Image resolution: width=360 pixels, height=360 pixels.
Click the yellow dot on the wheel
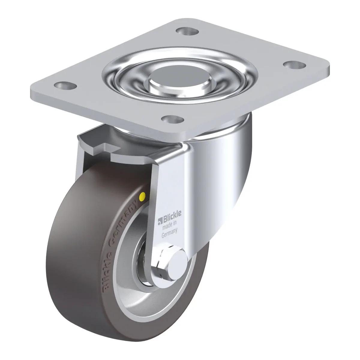point(143,196)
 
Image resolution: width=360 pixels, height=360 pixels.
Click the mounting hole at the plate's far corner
point(187,31)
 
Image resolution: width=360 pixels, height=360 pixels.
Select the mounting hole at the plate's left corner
point(65,85)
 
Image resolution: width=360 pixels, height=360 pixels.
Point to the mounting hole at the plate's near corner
point(173,119)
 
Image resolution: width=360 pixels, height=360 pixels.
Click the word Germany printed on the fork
point(169,234)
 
